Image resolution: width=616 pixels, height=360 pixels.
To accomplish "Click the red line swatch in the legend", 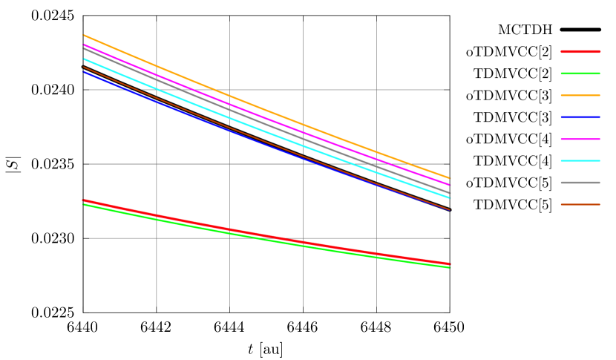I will [x=580, y=51].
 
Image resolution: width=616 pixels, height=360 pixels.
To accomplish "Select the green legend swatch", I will [x=580, y=73].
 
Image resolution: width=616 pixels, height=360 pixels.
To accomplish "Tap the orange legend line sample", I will [x=580, y=95].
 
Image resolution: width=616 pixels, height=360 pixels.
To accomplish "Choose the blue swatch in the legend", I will [x=580, y=117].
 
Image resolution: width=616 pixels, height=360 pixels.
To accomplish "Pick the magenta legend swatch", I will [x=580, y=139].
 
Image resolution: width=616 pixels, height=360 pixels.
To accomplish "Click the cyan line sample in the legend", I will [x=580, y=160].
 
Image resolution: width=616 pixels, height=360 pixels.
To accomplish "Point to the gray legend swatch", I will [x=580, y=183].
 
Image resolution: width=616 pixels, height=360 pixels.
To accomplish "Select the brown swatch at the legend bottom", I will [x=580, y=204].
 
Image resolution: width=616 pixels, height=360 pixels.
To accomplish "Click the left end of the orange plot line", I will [x=83, y=35].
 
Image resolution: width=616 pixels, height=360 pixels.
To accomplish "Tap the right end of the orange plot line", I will [x=450, y=178].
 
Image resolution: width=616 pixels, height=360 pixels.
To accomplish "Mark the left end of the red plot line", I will [x=83, y=200].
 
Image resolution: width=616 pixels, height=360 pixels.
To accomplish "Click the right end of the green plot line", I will [x=450, y=267].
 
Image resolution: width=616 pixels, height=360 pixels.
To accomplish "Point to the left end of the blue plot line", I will [x=83, y=71].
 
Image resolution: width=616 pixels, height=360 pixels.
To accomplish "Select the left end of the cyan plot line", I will [x=83, y=59].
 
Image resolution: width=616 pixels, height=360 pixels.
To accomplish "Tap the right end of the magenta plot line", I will [x=450, y=185].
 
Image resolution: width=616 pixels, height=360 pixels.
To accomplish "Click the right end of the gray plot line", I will [x=450, y=193].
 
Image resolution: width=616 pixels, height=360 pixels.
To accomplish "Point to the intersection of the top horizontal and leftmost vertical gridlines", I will [x=157, y=90].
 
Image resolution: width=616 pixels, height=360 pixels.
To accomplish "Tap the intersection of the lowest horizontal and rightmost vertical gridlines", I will [x=376, y=238].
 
